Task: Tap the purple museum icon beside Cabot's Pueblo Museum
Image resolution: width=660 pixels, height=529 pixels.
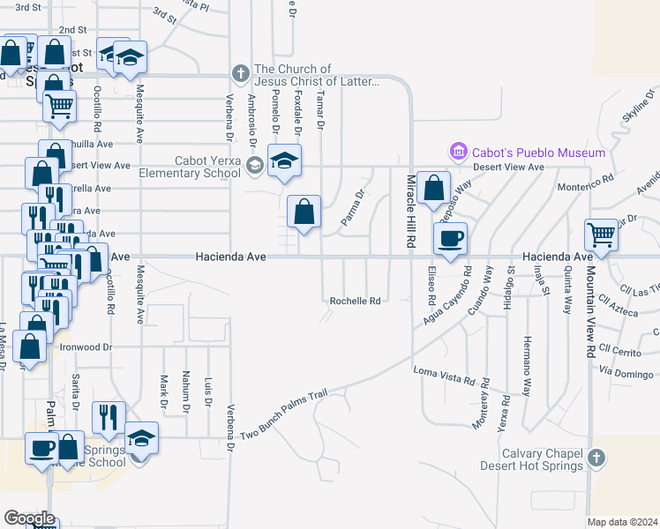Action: point(457,153)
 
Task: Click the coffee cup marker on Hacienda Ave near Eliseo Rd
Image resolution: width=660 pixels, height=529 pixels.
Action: point(450,238)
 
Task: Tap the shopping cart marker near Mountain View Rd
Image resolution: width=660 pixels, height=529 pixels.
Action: point(601,235)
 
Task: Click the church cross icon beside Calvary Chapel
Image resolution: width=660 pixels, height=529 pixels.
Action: point(596,458)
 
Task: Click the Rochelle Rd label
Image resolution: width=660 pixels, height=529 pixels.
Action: point(355,301)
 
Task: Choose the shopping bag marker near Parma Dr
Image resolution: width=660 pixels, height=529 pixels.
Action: point(304,212)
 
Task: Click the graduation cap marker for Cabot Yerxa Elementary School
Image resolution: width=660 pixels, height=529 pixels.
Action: point(285,161)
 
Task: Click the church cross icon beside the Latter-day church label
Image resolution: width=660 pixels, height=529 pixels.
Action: point(240,71)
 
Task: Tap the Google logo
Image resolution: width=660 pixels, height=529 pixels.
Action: point(29,518)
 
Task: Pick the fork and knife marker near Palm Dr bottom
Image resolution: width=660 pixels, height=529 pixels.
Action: point(109,418)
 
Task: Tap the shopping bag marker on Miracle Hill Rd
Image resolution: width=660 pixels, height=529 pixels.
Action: point(433,188)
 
